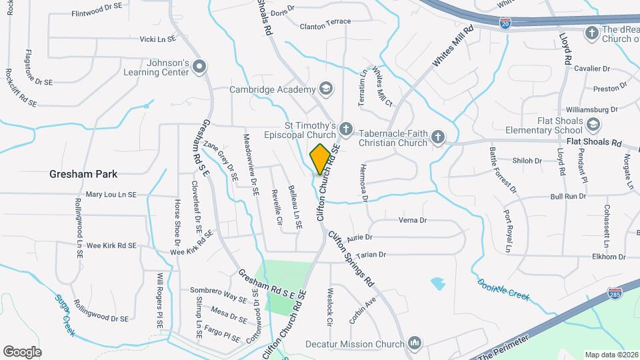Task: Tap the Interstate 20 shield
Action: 507,23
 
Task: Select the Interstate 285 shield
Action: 614,294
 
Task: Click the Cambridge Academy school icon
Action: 325,89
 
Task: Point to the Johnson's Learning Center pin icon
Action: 200,66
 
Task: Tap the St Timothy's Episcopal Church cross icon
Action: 345,127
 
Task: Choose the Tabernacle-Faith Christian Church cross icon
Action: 437,137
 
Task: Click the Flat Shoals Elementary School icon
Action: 593,124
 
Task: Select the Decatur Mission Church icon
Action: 415,343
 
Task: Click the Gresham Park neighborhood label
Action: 83,174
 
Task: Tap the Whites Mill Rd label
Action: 453,45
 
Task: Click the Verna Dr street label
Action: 412,220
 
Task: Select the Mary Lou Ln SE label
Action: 111,195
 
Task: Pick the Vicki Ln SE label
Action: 157,39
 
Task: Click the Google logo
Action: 22,351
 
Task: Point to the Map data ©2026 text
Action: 611,355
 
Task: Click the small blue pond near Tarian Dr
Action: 438,283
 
